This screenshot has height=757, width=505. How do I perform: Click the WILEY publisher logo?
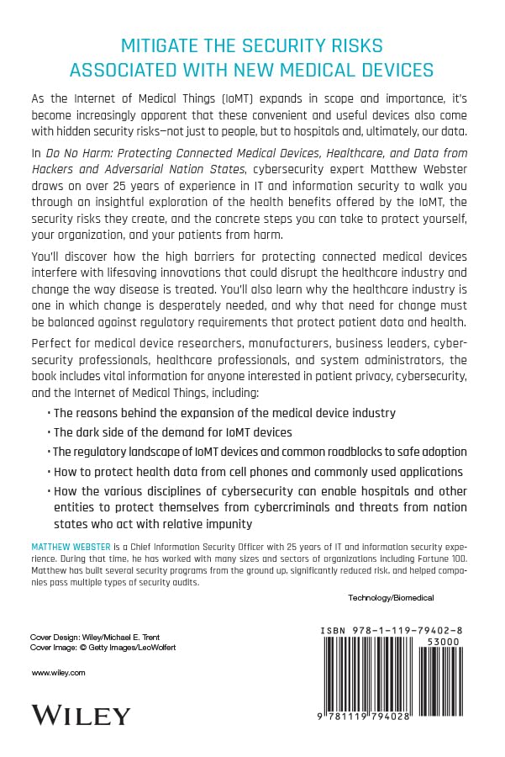[x=81, y=715]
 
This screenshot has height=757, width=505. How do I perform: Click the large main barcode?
[x=373, y=677]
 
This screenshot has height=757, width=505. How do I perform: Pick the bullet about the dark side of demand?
[x=172, y=431]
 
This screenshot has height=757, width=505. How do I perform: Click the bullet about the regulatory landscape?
[x=251, y=452]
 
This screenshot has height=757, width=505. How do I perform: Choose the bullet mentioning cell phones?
[x=258, y=471]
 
